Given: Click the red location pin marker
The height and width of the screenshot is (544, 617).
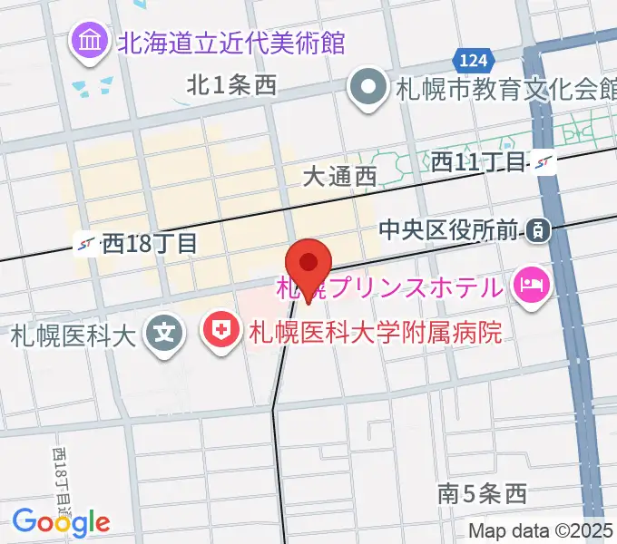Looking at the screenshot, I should point(309,264).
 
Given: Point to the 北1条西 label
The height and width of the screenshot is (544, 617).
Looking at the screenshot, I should point(230,86).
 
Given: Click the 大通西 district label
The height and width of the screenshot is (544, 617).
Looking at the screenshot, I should point(339,177).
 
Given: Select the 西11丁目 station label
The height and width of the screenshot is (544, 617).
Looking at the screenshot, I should point(478,162).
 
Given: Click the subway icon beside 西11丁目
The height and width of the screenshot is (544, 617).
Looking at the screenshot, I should point(544,162).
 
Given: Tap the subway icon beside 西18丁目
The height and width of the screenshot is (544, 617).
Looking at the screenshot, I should point(88,243).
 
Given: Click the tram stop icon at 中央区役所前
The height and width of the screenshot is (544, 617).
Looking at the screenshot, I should point(539,231).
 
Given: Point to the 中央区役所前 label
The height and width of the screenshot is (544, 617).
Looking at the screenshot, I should point(450,231).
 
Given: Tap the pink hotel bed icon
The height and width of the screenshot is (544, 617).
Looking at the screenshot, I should point(530,287).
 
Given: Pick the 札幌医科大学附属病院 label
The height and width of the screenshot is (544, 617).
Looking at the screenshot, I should point(374,333).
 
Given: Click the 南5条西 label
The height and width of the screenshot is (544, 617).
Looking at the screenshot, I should point(481,494).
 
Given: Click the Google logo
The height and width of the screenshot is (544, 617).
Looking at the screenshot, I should point(61,521).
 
